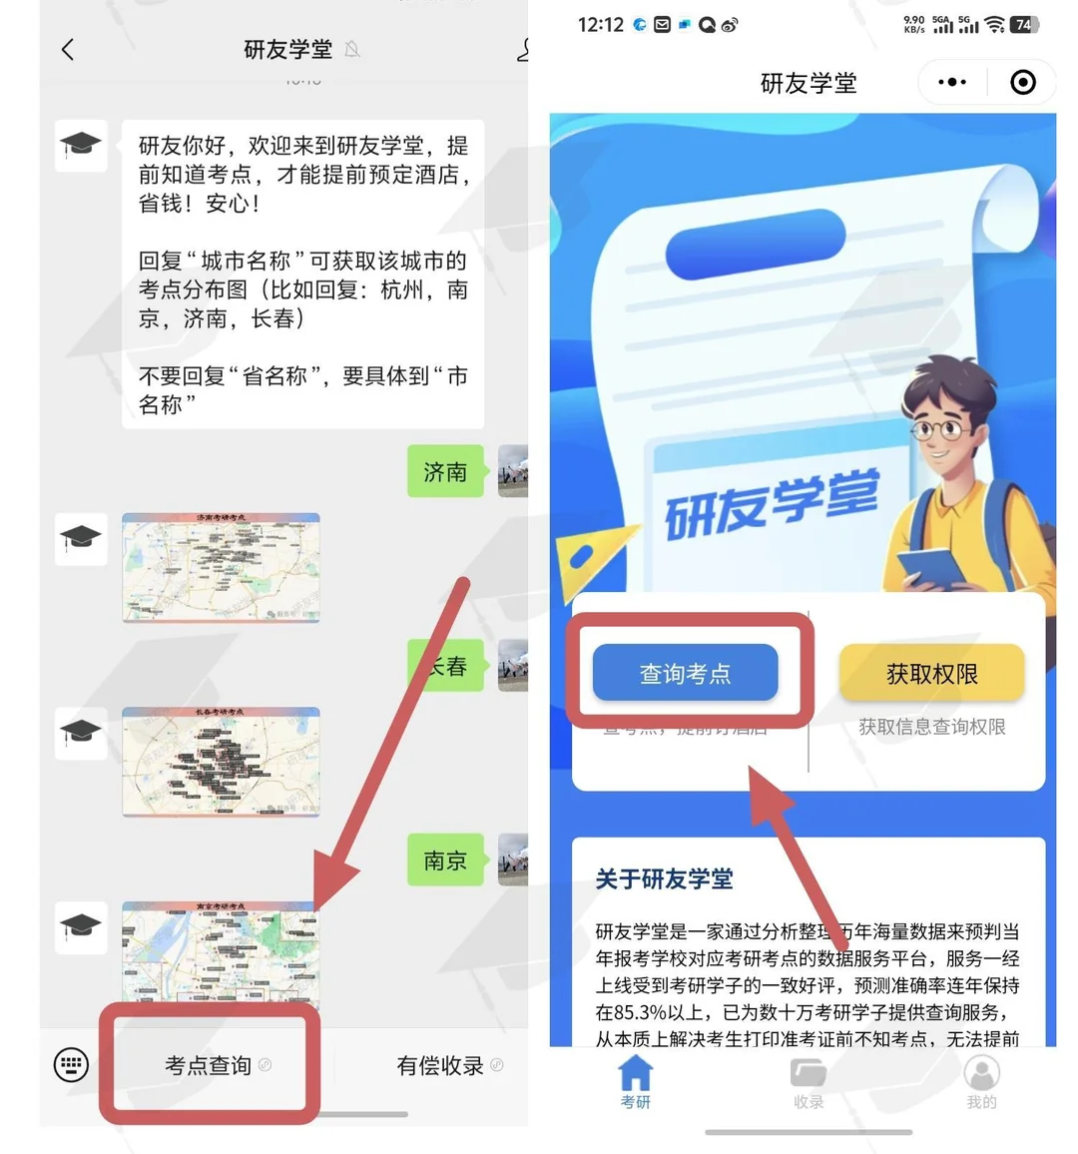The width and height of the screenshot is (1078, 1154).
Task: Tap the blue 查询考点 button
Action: pos(685,673)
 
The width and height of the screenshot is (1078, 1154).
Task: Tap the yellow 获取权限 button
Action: pos(931,673)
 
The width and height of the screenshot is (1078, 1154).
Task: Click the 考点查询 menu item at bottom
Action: pos(210,1065)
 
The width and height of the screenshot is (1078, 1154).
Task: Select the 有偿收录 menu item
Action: pos(440,1065)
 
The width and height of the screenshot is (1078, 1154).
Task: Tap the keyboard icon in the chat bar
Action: pos(71,1064)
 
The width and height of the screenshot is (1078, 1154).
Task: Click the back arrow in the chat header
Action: pos(68,49)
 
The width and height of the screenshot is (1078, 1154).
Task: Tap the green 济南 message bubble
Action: pos(445,471)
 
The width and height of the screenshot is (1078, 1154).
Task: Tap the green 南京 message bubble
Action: pos(445,860)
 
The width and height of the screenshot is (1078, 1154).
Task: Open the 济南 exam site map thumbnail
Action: pos(221,567)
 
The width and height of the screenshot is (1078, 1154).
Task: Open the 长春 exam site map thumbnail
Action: pos(221,762)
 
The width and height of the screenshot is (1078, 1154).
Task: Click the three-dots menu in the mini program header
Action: pos(951,82)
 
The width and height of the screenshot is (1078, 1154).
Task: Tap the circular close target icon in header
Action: pos(1023,82)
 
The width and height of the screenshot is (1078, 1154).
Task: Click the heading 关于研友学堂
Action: pos(664,878)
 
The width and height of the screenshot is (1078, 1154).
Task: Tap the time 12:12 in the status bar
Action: pos(600,25)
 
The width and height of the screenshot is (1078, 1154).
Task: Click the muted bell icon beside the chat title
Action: pos(352,49)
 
